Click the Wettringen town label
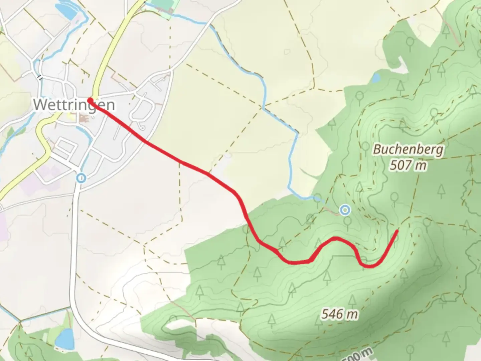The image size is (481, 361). point(74,105)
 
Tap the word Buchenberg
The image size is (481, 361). point(408,149)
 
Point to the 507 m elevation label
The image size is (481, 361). point(408,165)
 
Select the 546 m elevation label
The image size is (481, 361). point(339,314)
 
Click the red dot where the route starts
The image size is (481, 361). point(90,100)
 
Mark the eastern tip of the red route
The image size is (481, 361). point(397,231)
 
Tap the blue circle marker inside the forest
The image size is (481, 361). point(345,210)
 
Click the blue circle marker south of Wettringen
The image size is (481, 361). point(81,178)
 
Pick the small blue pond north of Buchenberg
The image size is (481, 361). point(376,78)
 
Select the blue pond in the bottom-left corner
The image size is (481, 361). point(64,338)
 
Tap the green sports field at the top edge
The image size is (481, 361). point(163,5)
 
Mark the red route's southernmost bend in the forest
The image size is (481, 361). point(369,266)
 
